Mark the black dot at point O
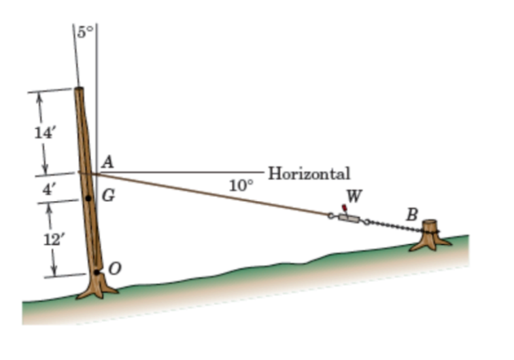[98, 272]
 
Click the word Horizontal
[309, 173]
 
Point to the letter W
[354, 196]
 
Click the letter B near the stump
[411, 215]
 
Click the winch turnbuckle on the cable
[348, 219]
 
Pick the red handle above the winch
[345, 207]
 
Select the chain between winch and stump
[394, 227]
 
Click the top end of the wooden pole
[78, 90]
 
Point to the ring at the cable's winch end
[331, 216]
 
